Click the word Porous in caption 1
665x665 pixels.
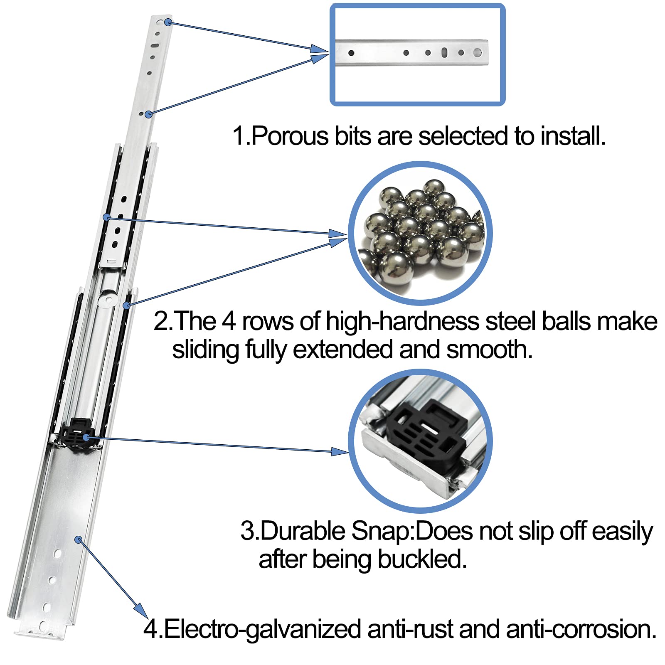290,136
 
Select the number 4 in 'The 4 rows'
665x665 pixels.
229,321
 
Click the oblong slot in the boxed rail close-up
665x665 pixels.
444,53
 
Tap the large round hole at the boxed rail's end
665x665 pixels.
477,53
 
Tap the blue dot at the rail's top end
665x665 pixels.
168,22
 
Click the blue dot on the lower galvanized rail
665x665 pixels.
78,539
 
